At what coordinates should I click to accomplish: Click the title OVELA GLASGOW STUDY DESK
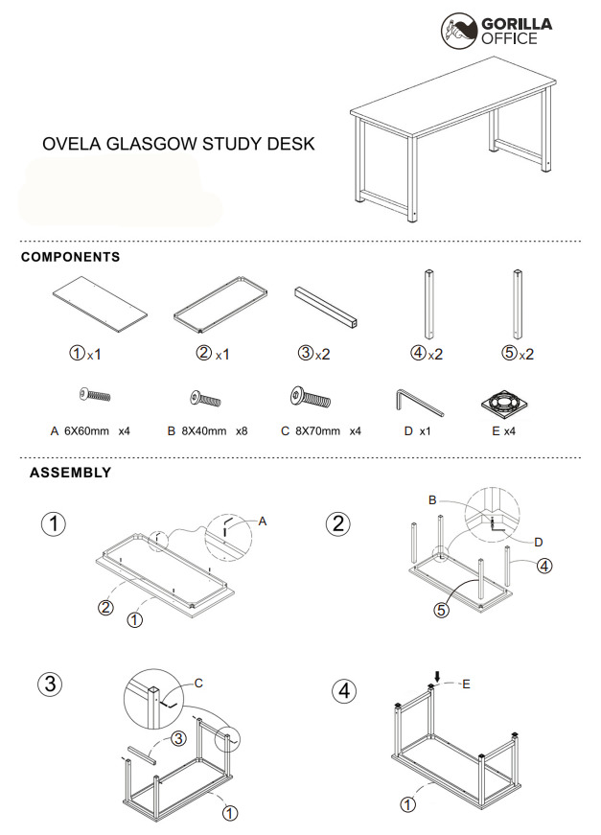tap(178, 144)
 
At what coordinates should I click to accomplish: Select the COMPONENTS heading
tap(70, 257)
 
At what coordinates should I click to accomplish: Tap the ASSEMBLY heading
tap(70, 473)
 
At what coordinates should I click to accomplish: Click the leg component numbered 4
tap(427, 305)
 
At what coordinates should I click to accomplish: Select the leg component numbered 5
tap(518, 305)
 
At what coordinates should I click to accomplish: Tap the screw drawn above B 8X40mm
tap(206, 397)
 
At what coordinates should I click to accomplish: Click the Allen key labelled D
tap(418, 401)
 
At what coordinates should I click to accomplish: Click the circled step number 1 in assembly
tap(55, 525)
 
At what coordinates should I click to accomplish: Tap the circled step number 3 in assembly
tap(50, 684)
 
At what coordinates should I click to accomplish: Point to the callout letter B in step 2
tap(432, 499)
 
